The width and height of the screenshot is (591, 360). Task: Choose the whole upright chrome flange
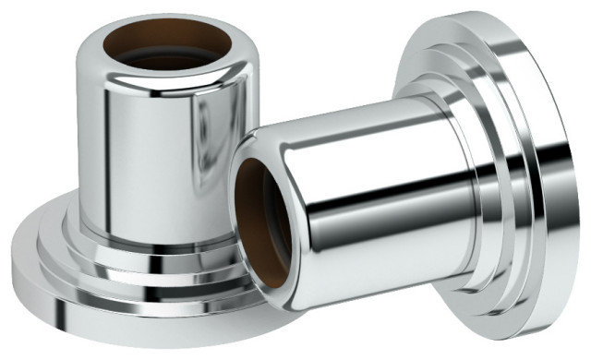(x=148, y=185)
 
